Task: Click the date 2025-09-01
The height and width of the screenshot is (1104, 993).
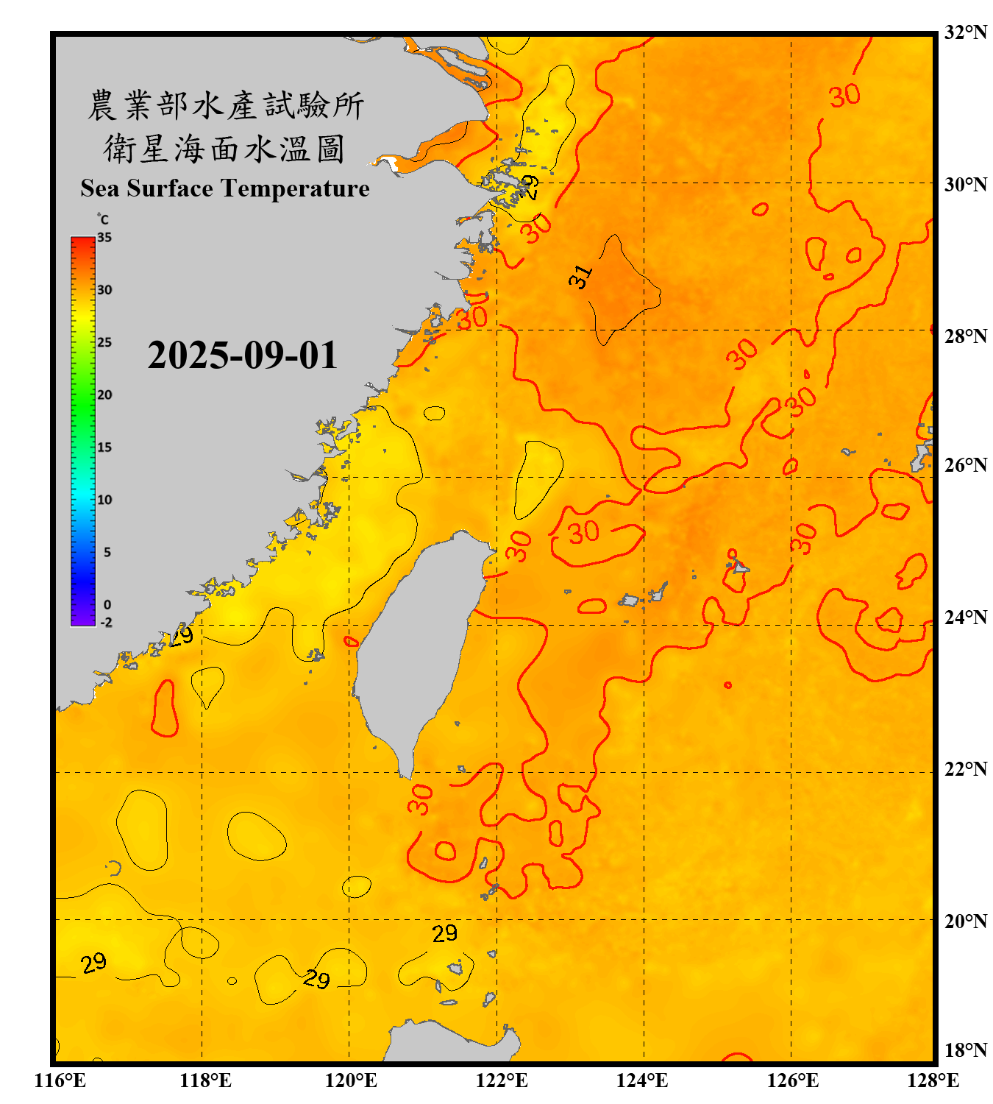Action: (x=242, y=355)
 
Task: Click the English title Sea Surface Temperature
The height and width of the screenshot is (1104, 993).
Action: (x=225, y=188)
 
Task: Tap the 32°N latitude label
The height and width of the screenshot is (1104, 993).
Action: (x=965, y=32)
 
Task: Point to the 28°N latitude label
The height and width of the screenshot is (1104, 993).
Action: (x=965, y=336)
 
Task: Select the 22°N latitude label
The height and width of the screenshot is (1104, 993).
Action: (x=965, y=769)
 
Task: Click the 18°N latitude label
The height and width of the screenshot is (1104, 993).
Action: (x=965, y=1050)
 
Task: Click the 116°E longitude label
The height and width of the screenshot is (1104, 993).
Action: (x=60, y=1080)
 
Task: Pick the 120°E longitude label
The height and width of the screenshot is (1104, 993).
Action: (x=351, y=1080)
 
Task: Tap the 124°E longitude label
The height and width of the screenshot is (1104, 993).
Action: (x=642, y=1080)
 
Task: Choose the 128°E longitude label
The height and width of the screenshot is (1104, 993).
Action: (x=933, y=1080)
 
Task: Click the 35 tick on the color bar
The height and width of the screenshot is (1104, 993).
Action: (x=104, y=238)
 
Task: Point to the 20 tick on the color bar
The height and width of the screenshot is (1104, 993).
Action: (x=104, y=395)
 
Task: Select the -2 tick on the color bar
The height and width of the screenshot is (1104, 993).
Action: (x=107, y=623)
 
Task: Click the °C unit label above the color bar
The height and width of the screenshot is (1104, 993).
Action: (x=103, y=219)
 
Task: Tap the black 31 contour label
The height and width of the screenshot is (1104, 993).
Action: (x=580, y=277)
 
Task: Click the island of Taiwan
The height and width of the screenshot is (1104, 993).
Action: (x=416, y=648)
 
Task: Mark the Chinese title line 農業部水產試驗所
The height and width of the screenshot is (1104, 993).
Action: (x=225, y=105)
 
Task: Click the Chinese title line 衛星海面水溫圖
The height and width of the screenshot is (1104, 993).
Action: (x=224, y=149)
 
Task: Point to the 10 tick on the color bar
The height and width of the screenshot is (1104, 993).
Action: (x=104, y=500)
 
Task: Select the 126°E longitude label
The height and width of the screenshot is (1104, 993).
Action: (x=793, y=1080)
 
